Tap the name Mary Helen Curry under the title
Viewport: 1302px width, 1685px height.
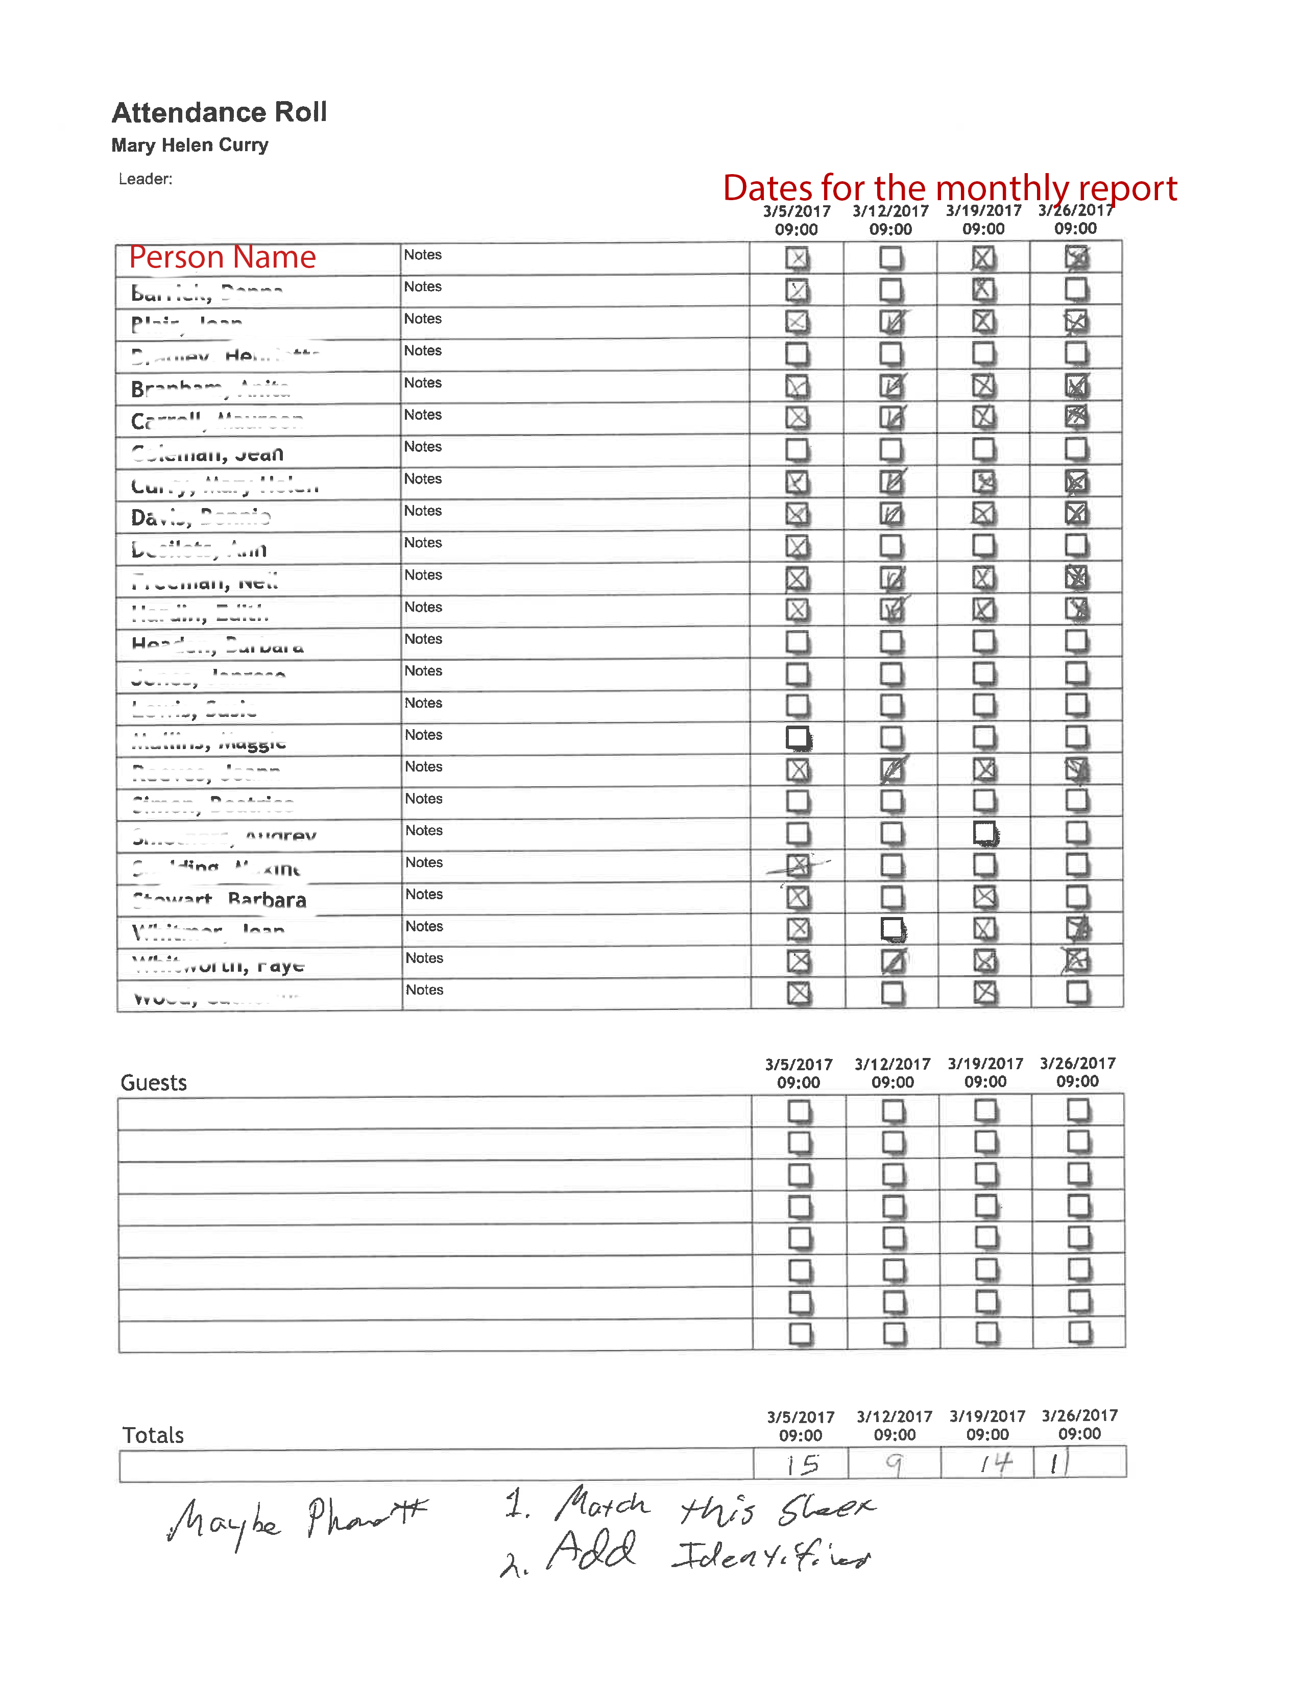(190, 145)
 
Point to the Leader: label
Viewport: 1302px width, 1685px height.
(145, 179)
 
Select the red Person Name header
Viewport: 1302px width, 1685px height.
(222, 257)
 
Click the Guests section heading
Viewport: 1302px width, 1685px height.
(154, 1082)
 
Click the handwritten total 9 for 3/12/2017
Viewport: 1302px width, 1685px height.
(894, 1463)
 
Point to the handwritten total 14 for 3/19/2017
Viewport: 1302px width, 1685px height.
(995, 1463)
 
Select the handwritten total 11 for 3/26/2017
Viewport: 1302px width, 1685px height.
(1060, 1462)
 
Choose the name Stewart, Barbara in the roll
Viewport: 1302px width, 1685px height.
(220, 900)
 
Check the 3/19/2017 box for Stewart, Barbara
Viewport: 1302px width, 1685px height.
(984, 897)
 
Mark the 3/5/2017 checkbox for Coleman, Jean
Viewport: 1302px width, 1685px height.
(798, 450)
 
